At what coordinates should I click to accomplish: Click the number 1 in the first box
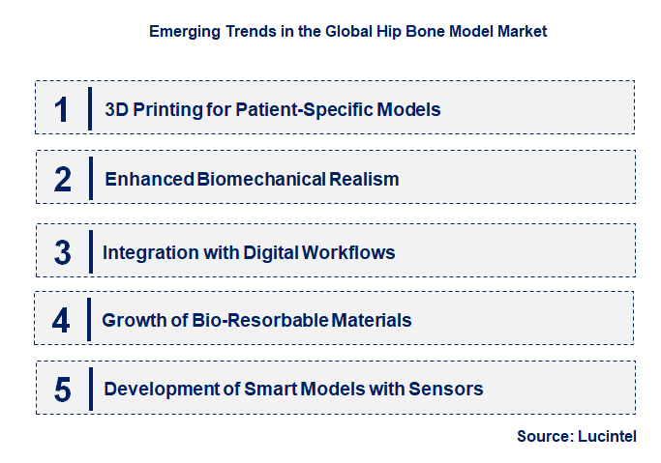coord(62,109)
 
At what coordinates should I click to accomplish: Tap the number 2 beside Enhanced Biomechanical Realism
coord(62,180)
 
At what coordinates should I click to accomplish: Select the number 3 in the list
coord(62,253)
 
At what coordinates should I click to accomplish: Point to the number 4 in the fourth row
coord(62,320)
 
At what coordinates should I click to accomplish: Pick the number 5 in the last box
coord(62,390)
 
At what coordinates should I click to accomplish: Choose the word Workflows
coord(350,253)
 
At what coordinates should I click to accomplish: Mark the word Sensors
coord(449,390)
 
